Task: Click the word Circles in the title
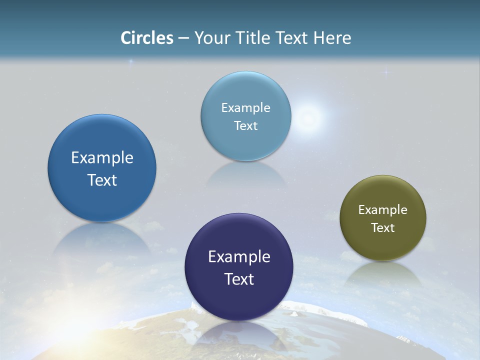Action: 147,38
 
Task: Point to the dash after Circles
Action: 183,38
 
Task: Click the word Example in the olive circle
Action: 383,210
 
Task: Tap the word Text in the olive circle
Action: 383,228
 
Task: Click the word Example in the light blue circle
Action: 245,108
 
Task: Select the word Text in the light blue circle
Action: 245,126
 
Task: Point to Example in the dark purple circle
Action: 239,257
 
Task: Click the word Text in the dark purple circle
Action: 239,279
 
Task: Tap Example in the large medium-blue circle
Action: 102,158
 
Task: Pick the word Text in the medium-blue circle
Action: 102,180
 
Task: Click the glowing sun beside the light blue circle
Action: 308,118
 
